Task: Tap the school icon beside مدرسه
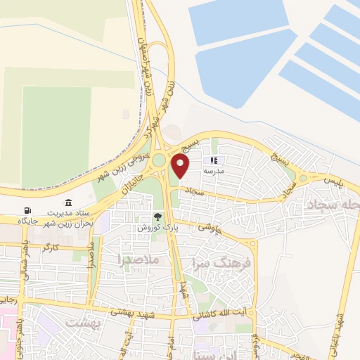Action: point(213,160)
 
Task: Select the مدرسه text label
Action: point(213,171)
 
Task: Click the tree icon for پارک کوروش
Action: point(158,217)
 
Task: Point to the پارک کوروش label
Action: point(150,229)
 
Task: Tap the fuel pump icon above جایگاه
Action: point(27,211)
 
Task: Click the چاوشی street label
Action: point(210,227)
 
